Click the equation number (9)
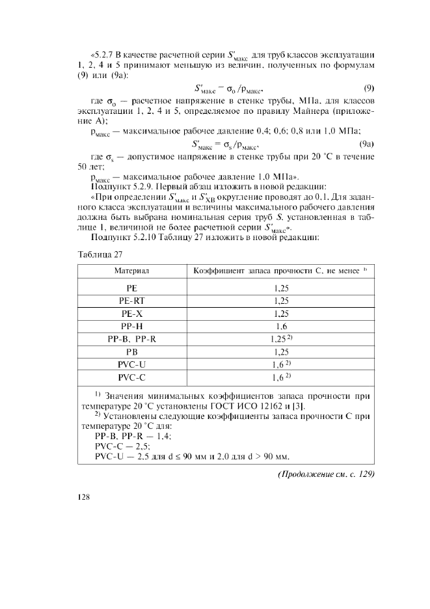pyautogui.click(x=368, y=87)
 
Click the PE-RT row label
pyautogui.click(x=132, y=301)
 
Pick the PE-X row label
pyautogui.click(x=132, y=313)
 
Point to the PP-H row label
pyautogui.click(x=132, y=326)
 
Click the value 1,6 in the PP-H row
pyautogui.click(x=282, y=326)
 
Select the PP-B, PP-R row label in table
pyautogui.click(x=132, y=339)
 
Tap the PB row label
pyautogui.click(x=132, y=351)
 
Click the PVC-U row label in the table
pyautogui.click(x=132, y=364)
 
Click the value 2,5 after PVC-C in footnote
pyautogui.click(x=142, y=446)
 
